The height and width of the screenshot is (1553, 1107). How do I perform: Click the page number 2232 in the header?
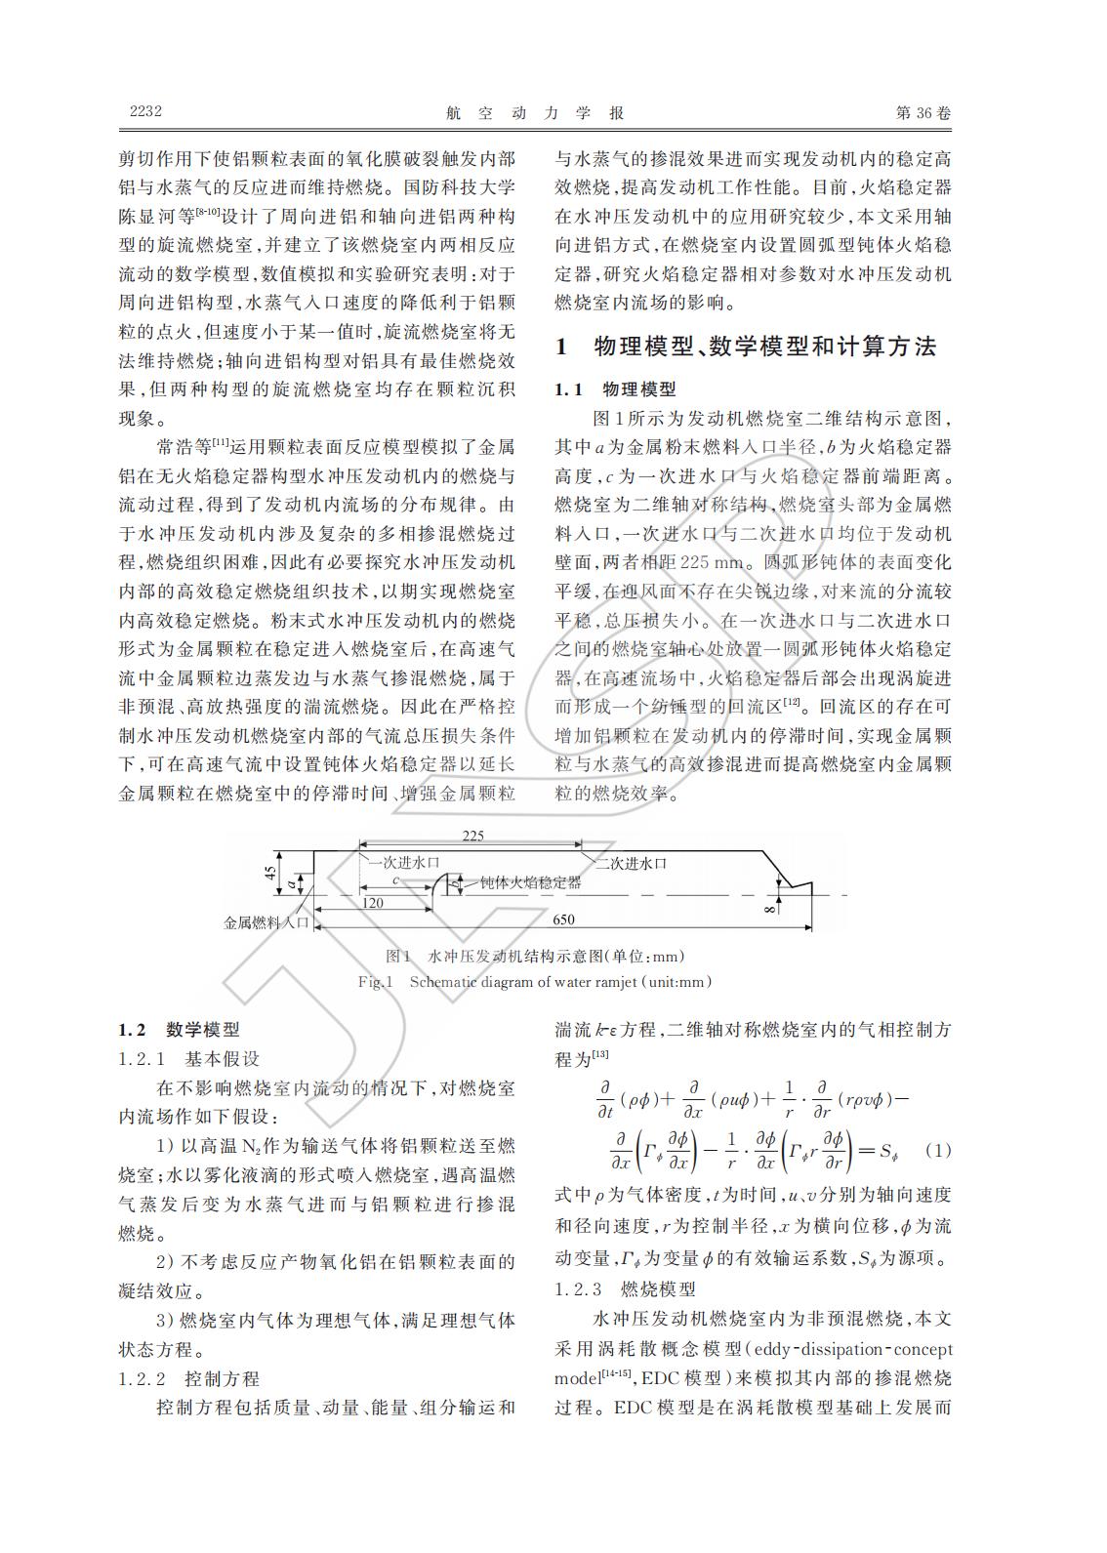(x=145, y=111)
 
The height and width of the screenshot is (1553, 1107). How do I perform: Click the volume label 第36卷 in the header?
(x=922, y=112)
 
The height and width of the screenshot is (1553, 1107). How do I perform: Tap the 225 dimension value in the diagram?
(x=472, y=836)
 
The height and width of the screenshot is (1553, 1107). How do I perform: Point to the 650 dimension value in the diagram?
(x=563, y=920)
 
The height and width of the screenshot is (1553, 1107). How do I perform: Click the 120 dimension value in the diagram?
(x=372, y=903)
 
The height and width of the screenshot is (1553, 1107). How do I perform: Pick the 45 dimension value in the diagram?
(x=269, y=872)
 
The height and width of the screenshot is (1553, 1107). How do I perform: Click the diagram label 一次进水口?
(x=403, y=862)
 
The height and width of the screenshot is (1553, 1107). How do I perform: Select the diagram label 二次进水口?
(x=631, y=862)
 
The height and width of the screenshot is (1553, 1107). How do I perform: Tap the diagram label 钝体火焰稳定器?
(x=530, y=882)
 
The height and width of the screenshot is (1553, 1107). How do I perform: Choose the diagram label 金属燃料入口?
(x=266, y=920)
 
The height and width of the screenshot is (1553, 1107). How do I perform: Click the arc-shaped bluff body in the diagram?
(x=442, y=882)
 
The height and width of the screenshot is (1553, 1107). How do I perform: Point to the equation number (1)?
(x=937, y=1150)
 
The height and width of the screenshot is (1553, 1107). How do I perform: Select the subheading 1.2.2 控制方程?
(x=189, y=1378)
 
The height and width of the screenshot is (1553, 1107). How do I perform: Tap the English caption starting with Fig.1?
(x=535, y=981)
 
